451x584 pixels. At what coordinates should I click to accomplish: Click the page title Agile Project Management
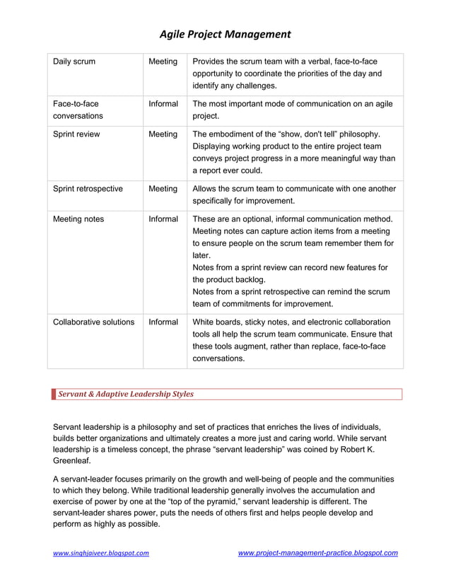(x=225, y=34)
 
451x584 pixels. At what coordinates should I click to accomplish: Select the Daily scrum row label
(x=74, y=62)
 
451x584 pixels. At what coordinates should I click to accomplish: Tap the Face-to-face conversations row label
(x=78, y=110)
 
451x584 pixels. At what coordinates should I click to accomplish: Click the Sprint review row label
(x=76, y=134)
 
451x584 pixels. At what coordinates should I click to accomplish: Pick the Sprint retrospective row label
(x=88, y=189)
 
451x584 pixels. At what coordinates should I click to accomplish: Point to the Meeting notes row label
(x=78, y=219)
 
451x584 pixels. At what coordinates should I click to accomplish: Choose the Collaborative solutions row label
(x=93, y=322)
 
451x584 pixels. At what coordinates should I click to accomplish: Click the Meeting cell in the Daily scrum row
(x=163, y=62)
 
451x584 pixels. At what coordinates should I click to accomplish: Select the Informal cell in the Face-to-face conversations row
(x=163, y=104)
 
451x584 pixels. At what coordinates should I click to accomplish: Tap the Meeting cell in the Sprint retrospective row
(x=163, y=189)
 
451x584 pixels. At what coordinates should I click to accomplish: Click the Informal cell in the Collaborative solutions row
(x=163, y=322)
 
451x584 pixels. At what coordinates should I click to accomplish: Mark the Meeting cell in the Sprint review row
(x=163, y=134)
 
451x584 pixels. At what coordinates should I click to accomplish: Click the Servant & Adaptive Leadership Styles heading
(x=125, y=395)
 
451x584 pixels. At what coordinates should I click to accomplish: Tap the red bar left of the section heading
(x=54, y=395)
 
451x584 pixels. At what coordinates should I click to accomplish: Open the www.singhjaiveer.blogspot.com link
(x=101, y=553)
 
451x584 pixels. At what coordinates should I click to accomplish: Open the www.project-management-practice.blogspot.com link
(x=317, y=553)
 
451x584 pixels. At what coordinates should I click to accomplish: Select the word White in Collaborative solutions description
(x=204, y=322)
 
